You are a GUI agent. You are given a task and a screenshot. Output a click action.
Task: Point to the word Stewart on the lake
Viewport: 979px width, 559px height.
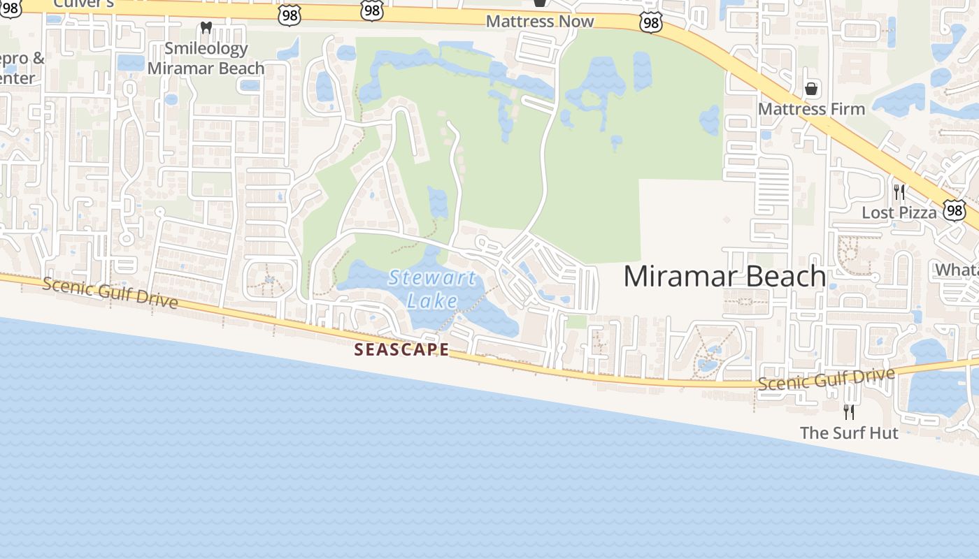pos(432,278)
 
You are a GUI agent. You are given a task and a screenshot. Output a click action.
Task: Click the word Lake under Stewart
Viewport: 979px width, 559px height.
pos(432,301)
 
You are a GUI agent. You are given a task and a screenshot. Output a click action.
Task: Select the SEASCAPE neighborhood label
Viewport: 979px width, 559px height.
pos(401,349)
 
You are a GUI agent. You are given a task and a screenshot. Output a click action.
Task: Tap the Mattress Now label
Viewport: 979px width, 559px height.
pos(540,21)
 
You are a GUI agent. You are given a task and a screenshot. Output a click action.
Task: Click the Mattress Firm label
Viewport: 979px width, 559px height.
pos(811,109)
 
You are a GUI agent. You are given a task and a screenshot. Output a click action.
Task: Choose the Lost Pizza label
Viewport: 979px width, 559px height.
pos(899,212)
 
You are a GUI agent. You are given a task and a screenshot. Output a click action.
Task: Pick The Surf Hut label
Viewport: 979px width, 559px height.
pos(849,433)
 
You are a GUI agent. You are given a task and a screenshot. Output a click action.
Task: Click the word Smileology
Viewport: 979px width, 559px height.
pos(206,49)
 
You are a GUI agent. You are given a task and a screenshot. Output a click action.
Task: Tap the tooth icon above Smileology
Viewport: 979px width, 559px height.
pos(206,28)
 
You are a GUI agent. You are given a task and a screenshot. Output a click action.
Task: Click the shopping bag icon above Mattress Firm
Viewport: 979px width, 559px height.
pos(811,89)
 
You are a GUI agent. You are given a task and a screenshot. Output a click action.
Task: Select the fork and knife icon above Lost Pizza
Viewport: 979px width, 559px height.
pos(899,192)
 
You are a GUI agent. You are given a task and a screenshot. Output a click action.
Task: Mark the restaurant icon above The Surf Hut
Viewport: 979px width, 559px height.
pos(849,412)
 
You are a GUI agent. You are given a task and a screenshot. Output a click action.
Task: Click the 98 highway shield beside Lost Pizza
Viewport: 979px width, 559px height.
pos(955,210)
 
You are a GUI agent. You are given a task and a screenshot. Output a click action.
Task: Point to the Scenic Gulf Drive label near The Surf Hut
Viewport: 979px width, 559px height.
pos(826,379)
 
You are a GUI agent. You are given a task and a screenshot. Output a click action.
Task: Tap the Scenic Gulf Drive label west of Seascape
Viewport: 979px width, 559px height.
pos(110,293)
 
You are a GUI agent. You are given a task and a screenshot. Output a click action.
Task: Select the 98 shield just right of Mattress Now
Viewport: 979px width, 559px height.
pos(650,22)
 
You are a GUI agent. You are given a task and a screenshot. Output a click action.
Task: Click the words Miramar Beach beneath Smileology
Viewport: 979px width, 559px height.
pos(206,68)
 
